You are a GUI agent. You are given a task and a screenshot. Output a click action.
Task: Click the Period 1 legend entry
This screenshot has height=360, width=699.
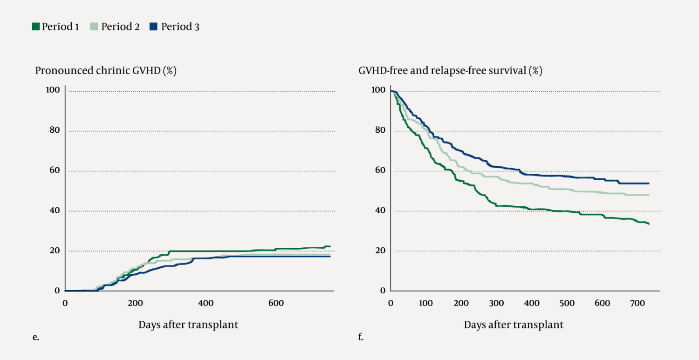pyautogui.click(x=55, y=27)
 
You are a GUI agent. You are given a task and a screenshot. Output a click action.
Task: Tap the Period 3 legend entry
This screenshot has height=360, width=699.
pyautogui.click(x=175, y=27)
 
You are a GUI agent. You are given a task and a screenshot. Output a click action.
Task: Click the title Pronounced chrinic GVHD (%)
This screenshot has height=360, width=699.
pyautogui.click(x=106, y=71)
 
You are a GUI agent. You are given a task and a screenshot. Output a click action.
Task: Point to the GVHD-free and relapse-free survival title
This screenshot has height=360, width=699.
pyautogui.click(x=450, y=71)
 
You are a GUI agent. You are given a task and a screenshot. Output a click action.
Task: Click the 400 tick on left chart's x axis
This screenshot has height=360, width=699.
pyautogui.click(x=206, y=304)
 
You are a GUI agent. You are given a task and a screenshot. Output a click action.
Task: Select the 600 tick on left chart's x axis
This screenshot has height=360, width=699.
pyautogui.click(x=276, y=304)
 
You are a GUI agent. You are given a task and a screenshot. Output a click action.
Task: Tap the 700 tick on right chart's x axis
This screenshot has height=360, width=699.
pyautogui.click(x=637, y=304)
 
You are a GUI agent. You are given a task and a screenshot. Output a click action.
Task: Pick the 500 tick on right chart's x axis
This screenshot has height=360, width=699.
pyautogui.click(x=567, y=304)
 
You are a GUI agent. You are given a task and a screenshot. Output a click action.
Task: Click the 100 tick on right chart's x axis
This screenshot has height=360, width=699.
pyautogui.click(x=425, y=304)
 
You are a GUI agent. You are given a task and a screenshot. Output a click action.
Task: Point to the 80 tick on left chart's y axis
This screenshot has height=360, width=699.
pyautogui.click(x=55, y=130)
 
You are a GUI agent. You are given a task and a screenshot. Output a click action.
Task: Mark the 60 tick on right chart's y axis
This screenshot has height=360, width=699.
pyautogui.click(x=380, y=170)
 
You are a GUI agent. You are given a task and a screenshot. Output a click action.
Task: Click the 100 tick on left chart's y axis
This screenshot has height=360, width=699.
pyautogui.click(x=53, y=90)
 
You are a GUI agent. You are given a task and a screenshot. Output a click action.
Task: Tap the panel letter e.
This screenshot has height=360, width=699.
pyautogui.click(x=35, y=338)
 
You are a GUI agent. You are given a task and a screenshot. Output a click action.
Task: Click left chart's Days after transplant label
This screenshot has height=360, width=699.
pyautogui.click(x=188, y=325)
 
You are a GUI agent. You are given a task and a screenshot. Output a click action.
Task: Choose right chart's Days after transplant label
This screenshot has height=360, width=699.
pyautogui.click(x=514, y=325)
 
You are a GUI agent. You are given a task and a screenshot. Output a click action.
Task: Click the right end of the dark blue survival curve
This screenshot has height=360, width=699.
pyautogui.click(x=648, y=183)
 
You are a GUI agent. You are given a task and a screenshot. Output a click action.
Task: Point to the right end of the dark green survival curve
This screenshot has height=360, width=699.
pyautogui.click(x=649, y=224)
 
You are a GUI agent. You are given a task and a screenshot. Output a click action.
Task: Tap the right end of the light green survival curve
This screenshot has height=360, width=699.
pyautogui.click(x=648, y=195)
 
